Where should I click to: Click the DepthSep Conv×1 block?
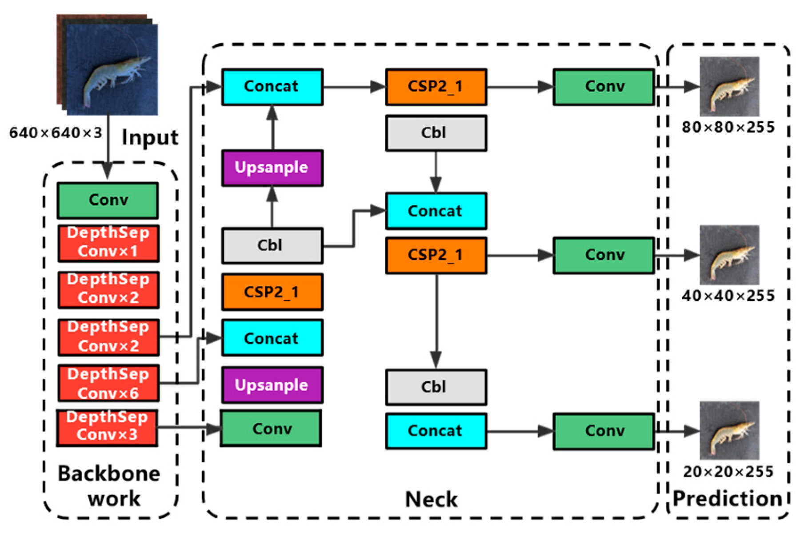[108, 243]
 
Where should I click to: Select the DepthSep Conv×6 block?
[108, 383]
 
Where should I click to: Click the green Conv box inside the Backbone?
[108, 200]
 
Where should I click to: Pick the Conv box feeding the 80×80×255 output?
[604, 87]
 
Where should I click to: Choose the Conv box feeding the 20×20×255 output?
[604, 431]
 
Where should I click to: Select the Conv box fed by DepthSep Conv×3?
[271, 429]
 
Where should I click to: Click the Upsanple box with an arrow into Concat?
[272, 168]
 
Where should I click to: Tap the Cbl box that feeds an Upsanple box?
[272, 245]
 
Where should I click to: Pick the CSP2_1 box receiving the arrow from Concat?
[436, 87]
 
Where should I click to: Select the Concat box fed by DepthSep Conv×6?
[272, 338]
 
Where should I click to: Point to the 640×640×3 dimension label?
[56, 132]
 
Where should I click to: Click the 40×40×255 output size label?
[728, 296]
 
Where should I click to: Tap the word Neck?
[431, 499]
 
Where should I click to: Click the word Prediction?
[728, 498]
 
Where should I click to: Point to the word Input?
[150, 137]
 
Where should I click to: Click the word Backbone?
[109, 474]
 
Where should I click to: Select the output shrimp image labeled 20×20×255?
[729, 430]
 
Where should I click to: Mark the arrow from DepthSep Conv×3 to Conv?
[189, 428]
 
